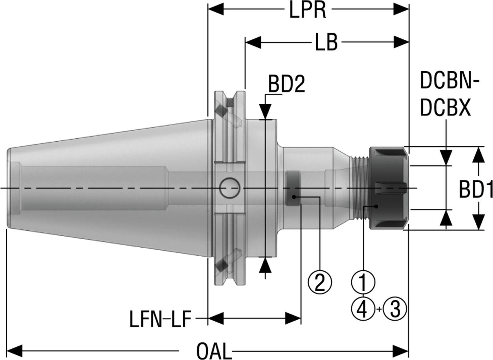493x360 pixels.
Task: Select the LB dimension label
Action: (326, 42)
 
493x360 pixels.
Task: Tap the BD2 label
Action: (287, 84)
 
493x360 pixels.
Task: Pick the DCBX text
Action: (446, 108)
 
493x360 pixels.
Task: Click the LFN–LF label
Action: (160, 319)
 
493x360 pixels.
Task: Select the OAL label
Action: (214, 351)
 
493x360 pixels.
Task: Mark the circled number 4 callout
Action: (363, 309)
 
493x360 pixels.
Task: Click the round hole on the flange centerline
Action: (230, 188)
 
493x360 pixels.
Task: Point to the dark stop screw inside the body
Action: (293, 188)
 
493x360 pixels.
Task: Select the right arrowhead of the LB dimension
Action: (401, 42)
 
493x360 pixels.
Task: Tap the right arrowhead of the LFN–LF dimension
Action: (293, 318)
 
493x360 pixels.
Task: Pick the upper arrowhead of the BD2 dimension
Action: (265, 112)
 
